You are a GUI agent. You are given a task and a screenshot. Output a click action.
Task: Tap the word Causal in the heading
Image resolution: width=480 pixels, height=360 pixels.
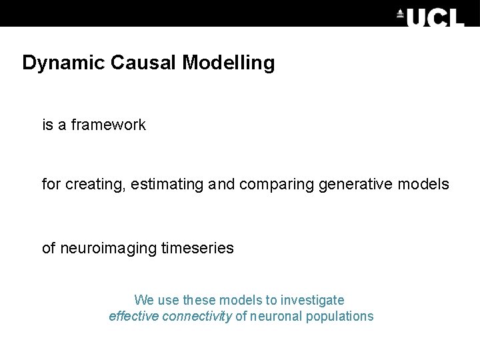tap(138, 63)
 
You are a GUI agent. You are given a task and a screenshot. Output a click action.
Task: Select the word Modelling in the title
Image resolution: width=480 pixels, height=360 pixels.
tap(228, 63)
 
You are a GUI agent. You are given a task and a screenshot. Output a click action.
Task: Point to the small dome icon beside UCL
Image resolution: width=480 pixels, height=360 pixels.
tap(400, 14)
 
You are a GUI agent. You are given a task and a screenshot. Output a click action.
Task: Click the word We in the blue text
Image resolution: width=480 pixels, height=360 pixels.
tap(144, 300)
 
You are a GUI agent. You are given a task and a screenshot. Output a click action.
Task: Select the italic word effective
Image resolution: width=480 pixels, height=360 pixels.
tap(135, 316)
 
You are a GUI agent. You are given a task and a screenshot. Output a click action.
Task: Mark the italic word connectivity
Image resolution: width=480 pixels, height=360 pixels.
tap(199, 316)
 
